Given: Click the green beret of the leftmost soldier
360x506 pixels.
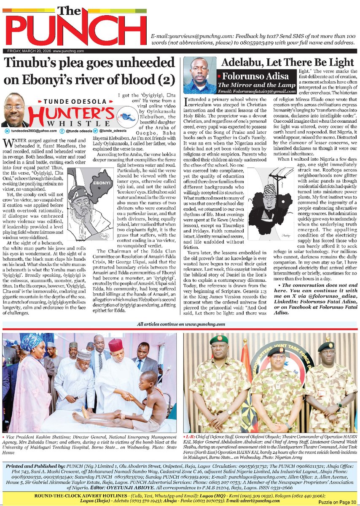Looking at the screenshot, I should pyautogui.click(x=219, y=340).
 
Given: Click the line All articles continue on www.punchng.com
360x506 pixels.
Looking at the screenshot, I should pyautogui.click(x=179, y=324).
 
